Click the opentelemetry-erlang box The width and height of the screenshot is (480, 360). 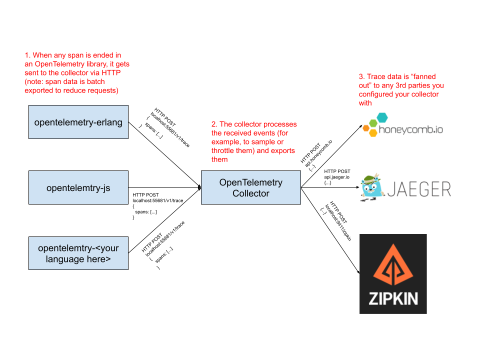(x=78, y=122)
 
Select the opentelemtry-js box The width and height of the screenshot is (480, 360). (x=78, y=187)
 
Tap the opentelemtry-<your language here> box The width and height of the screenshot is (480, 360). (x=78, y=253)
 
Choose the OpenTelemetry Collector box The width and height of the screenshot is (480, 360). (x=251, y=187)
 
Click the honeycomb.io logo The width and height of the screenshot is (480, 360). (x=402, y=125)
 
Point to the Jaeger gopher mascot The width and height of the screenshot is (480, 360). (x=371, y=187)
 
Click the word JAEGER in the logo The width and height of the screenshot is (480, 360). (x=419, y=189)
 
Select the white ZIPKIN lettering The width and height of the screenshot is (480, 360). (x=393, y=298)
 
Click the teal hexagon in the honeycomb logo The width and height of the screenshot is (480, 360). (x=382, y=117)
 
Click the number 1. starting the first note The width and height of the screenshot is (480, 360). (x=27, y=55)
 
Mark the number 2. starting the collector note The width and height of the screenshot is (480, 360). (x=214, y=124)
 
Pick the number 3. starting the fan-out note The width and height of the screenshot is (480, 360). (x=362, y=76)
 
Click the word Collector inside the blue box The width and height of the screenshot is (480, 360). (x=251, y=193)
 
